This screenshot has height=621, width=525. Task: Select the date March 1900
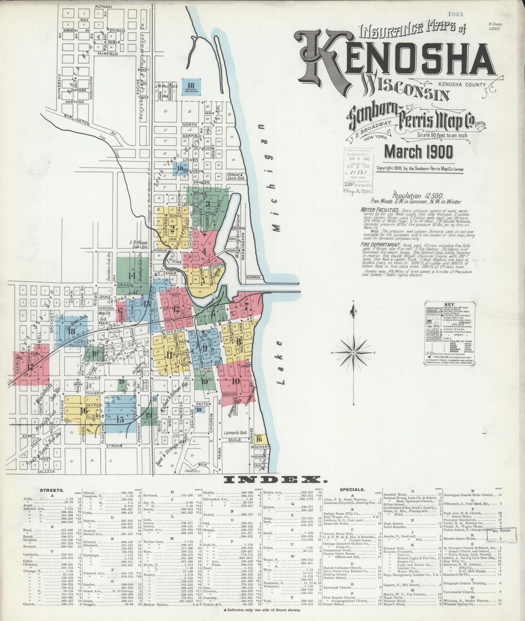click(419, 152)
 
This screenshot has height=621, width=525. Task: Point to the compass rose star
click(354, 352)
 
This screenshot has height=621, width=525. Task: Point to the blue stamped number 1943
click(455, 14)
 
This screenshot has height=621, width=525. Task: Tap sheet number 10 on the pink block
click(235, 381)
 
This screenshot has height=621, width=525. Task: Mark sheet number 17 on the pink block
click(30, 367)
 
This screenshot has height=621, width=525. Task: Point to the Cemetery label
click(192, 471)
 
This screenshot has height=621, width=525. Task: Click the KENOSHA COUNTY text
click(462, 85)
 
